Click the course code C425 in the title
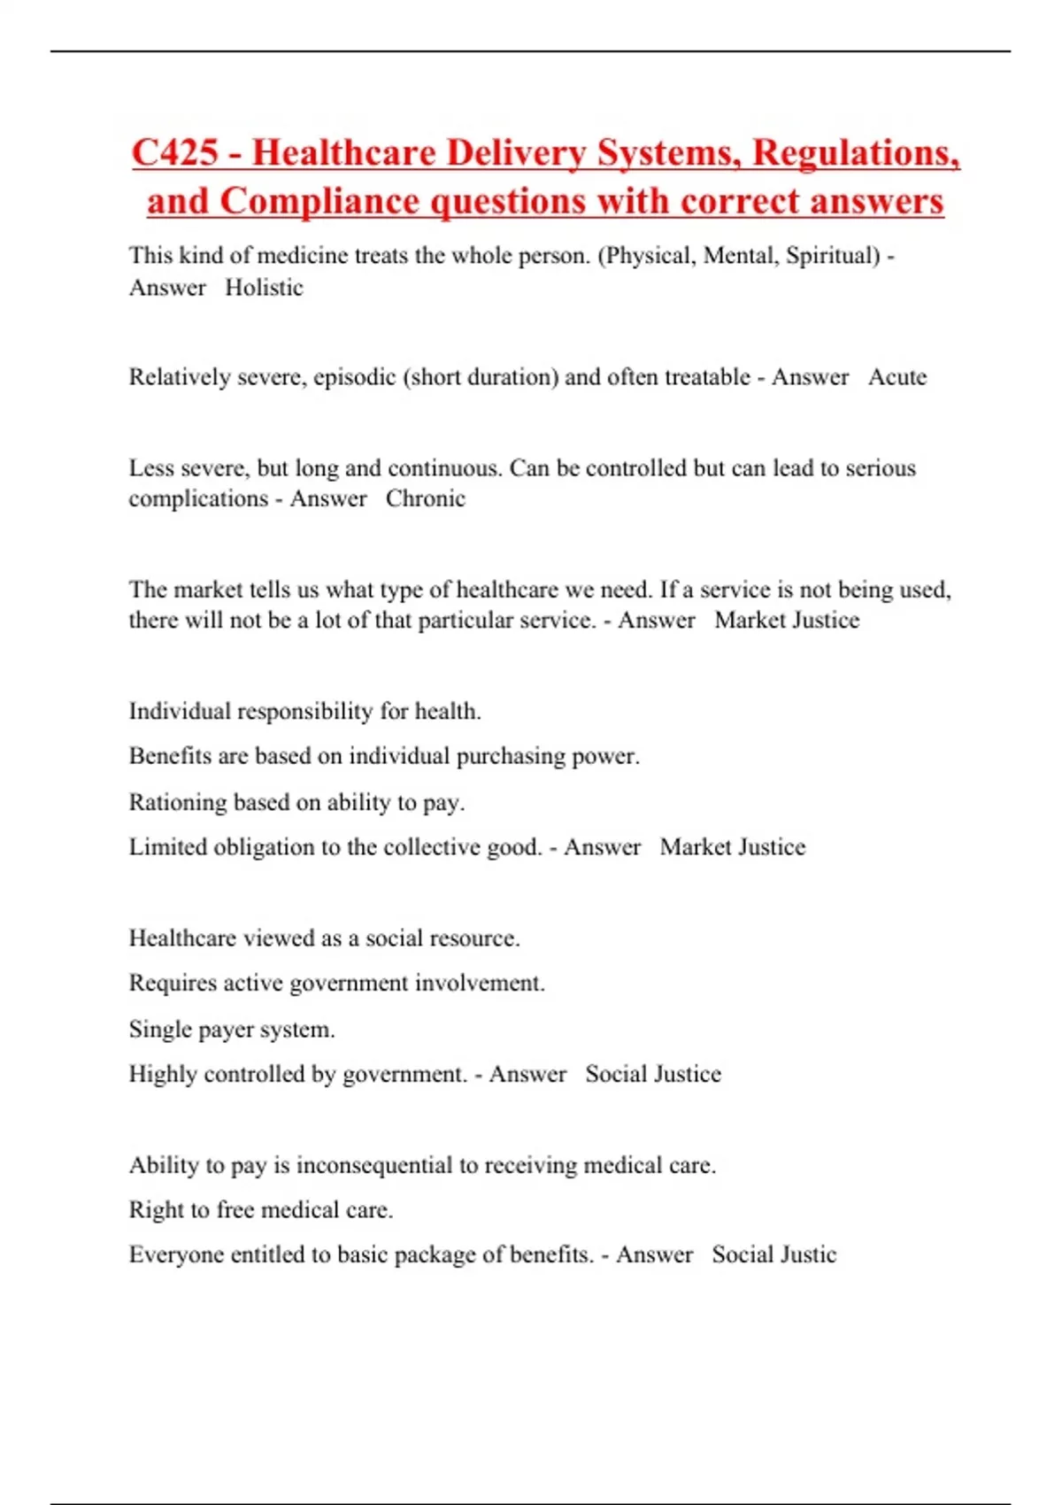point(174,152)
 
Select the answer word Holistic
point(264,288)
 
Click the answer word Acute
point(897,377)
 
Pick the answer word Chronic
point(425,498)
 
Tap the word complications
point(198,499)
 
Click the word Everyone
point(176,1255)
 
